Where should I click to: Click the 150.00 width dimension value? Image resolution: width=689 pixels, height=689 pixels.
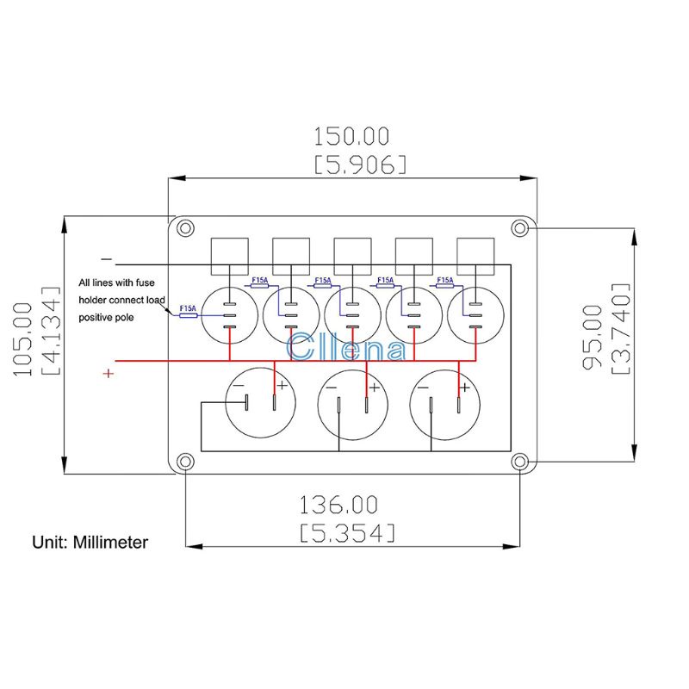[x=351, y=136]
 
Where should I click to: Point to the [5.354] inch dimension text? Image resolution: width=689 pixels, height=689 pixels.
[x=348, y=531]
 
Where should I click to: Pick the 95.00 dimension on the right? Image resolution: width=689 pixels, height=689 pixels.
[x=593, y=338]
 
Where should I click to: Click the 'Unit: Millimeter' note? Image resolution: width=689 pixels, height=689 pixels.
[x=90, y=543]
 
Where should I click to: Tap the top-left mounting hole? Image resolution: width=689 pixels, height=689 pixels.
[x=183, y=228]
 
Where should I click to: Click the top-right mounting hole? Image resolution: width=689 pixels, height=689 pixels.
[x=518, y=228]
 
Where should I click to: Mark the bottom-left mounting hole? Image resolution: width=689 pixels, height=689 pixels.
[x=183, y=462]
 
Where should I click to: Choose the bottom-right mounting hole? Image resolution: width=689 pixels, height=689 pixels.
[x=518, y=462]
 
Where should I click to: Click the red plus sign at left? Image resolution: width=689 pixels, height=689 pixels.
[x=109, y=374]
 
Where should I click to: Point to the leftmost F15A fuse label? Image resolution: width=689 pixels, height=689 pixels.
[x=187, y=308]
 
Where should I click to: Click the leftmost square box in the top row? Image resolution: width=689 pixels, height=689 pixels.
[x=230, y=254]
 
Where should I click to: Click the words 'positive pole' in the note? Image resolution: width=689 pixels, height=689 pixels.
[x=109, y=318]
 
